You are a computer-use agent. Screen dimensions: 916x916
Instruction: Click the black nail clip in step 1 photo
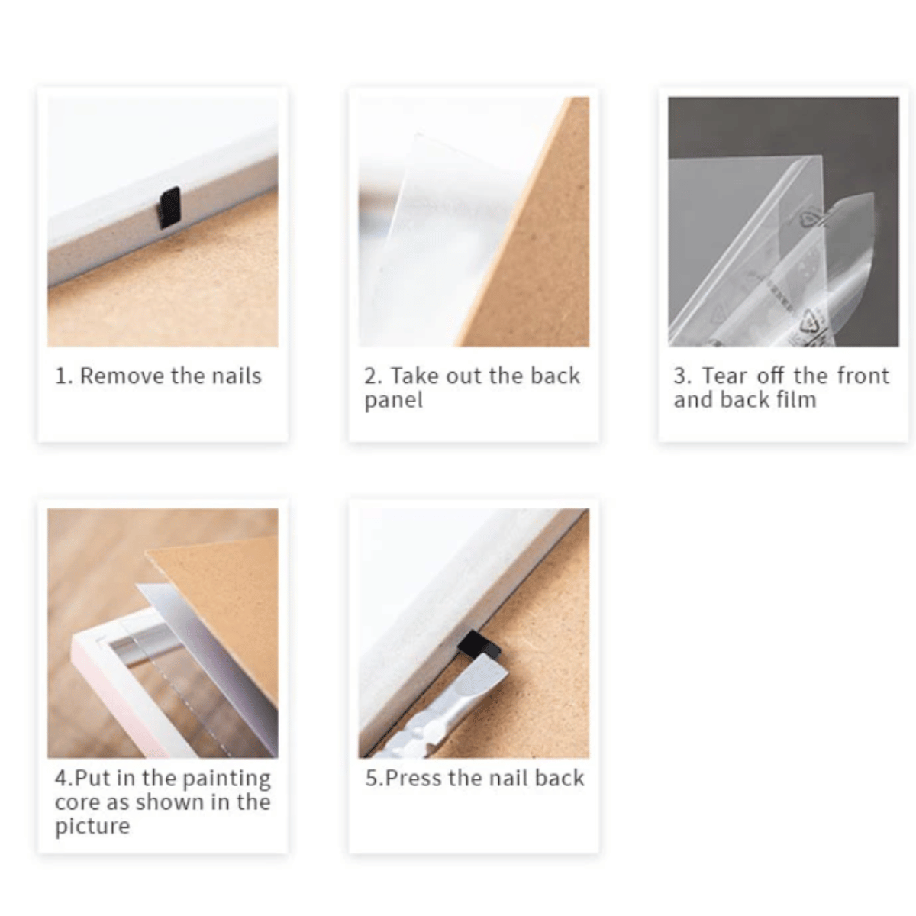point(169,208)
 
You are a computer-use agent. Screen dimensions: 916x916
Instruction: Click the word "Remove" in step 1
point(121,376)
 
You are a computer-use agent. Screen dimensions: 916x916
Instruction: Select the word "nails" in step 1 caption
point(236,376)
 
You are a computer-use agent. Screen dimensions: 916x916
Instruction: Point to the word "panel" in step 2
point(394,401)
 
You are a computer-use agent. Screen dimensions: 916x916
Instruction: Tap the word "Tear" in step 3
point(724,376)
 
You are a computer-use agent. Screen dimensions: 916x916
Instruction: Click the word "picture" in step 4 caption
point(92,826)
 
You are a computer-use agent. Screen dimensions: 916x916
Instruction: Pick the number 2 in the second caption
point(371,376)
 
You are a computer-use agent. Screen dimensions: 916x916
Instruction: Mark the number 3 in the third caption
point(680,376)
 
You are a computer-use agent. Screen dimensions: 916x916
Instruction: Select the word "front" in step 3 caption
point(863,376)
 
